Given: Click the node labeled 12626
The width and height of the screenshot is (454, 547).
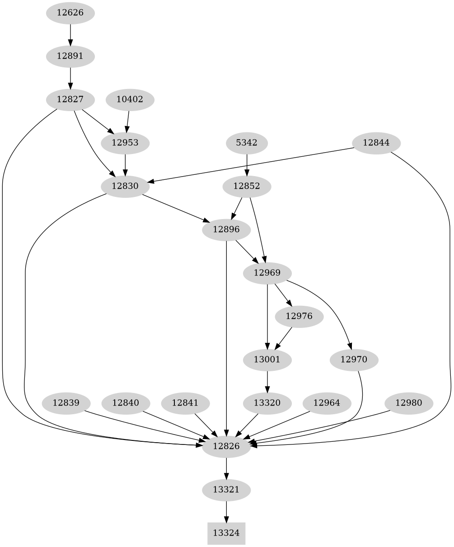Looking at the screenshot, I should click(70, 13).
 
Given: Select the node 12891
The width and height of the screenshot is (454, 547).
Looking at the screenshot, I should click(70, 56).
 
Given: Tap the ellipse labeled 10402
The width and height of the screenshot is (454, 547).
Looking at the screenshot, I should click(130, 99).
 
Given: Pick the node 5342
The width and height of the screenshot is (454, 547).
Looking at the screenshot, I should click(247, 143).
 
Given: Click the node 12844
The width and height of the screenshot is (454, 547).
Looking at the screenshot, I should click(376, 143).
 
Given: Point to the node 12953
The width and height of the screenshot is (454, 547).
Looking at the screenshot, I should click(125, 143).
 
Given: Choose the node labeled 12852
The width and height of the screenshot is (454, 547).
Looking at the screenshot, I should click(247, 186).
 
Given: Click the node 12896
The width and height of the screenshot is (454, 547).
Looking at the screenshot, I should click(226, 229).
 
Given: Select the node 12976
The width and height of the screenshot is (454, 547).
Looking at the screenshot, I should click(299, 316).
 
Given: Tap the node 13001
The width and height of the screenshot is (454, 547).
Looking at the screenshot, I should click(267, 360).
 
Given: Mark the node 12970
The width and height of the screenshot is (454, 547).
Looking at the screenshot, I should click(354, 360).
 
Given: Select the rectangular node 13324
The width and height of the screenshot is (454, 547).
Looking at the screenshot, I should click(226, 533).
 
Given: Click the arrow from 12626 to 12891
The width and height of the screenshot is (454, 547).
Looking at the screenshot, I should click(70, 34).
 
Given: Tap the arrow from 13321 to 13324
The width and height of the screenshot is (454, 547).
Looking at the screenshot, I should click(226, 511).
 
